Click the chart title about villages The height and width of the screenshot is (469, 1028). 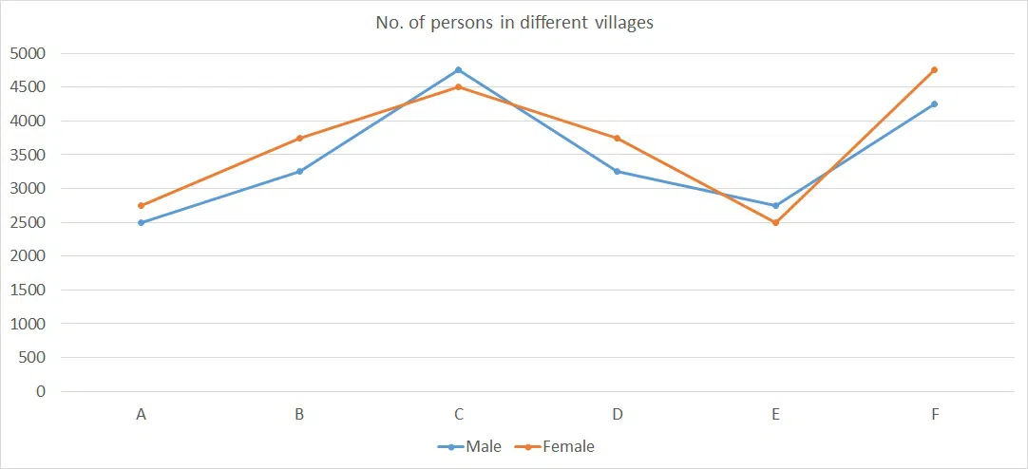click(x=514, y=23)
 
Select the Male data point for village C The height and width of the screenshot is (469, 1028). click(x=459, y=70)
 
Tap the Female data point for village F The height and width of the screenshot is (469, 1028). click(x=935, y=70)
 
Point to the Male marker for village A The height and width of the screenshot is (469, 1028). click(x=142, y=222)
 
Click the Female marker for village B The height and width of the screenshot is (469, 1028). click(x=300, y=138)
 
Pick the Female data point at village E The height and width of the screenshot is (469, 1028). click(x=776, y=222)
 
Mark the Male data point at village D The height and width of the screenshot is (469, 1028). click(x=618, y=172)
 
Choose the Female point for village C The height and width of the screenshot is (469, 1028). click(x=459, y=87)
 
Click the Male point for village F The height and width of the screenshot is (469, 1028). click(x=935, y=104)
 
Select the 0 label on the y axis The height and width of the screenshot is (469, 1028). click(x=40, y=391)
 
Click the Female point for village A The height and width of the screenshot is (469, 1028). click(x=142, y=205)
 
